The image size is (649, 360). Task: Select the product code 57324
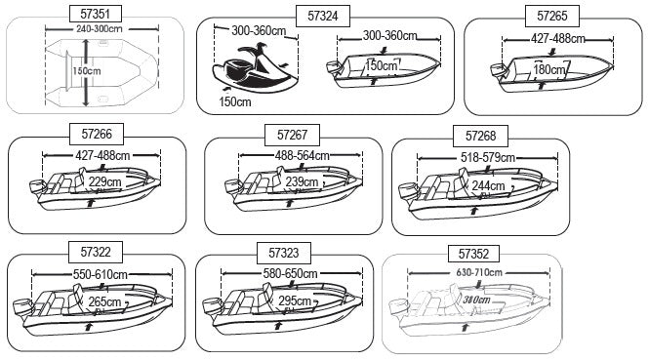(x=322, y=16)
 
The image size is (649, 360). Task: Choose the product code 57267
(x=291, y=134)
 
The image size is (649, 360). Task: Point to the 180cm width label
(x=550, y=69)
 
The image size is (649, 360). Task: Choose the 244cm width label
(x=489, y=184)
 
